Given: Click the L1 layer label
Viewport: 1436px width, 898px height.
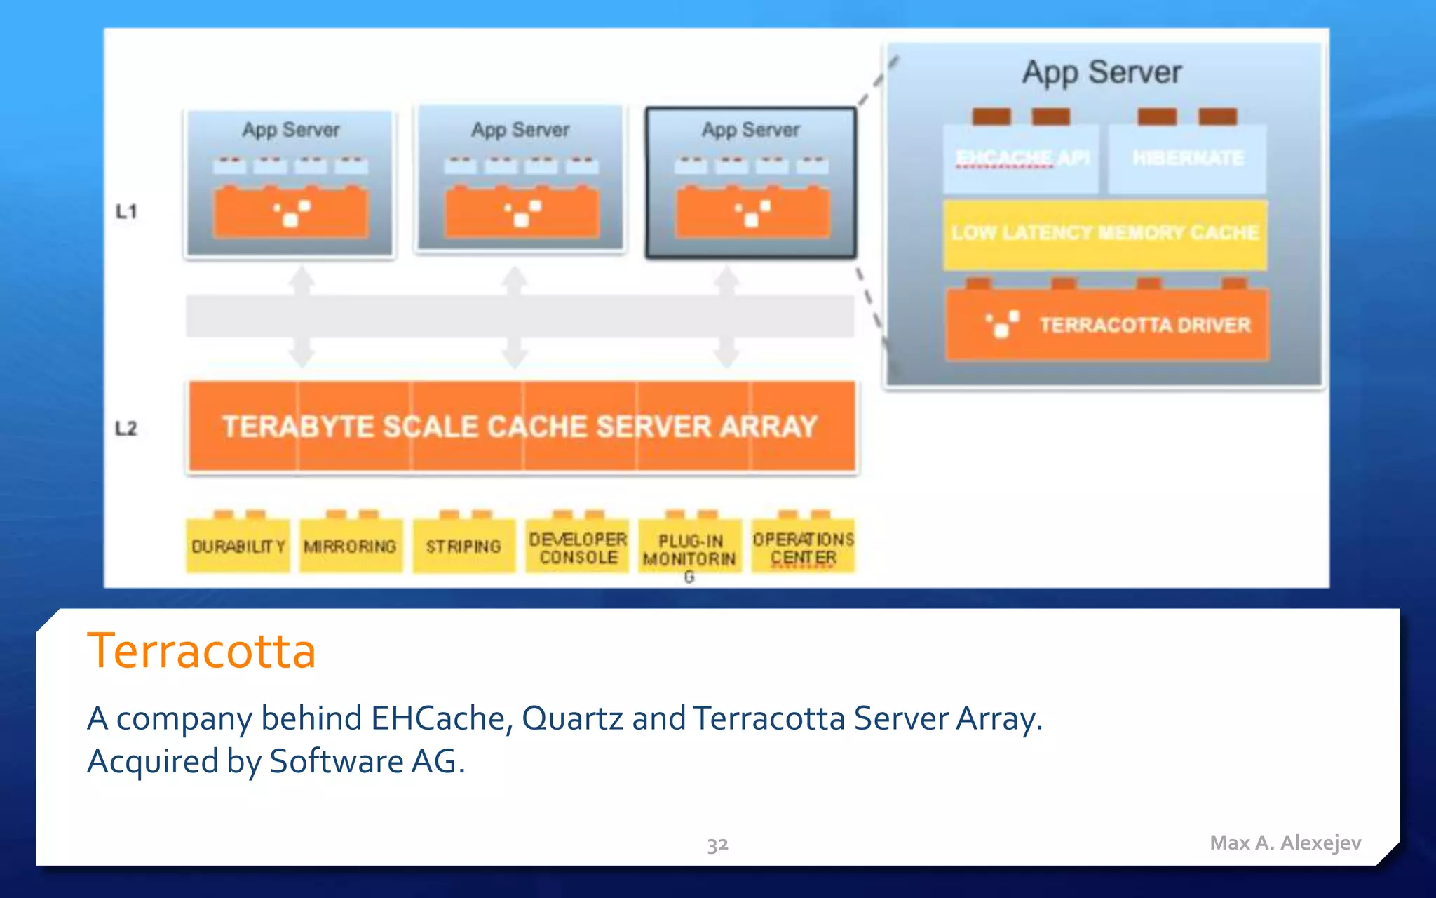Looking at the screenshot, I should coord(126,211).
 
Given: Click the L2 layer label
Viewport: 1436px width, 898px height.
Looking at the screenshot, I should coord(126,428).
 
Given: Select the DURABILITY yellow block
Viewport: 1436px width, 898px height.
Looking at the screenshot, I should coord(238,546).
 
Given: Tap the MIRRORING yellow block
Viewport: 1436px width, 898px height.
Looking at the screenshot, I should coord(351,546).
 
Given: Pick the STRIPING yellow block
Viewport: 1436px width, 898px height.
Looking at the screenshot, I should coord(463,546).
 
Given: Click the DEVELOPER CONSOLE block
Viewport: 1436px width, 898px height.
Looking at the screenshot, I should coord(578,547).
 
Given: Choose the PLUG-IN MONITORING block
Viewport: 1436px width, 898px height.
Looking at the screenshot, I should coord(690,550).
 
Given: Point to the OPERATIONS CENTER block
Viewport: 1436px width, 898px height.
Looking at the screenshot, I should coord(804,548).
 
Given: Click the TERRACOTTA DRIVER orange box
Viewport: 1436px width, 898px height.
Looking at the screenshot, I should coord(1107,325).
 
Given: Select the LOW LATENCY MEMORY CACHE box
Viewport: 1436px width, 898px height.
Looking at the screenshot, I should coord(1105,233).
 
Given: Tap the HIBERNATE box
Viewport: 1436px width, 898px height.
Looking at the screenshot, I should coord(1188,159).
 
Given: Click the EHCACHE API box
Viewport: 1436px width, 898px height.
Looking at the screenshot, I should coord(1022,159).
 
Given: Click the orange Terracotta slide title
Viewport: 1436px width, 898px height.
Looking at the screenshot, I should coord(202,650).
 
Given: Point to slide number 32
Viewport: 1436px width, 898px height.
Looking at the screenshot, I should coord(717,844).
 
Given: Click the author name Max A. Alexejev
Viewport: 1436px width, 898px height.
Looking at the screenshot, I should coord(1285,843).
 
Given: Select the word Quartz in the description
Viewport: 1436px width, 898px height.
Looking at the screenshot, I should coord(572,718).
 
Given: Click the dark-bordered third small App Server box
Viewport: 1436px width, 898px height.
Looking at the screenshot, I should coord(751,182).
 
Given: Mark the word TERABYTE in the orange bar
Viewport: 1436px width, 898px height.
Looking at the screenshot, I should coord(298,427).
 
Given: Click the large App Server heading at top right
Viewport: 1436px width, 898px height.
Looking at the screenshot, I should coord(1102,73).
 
